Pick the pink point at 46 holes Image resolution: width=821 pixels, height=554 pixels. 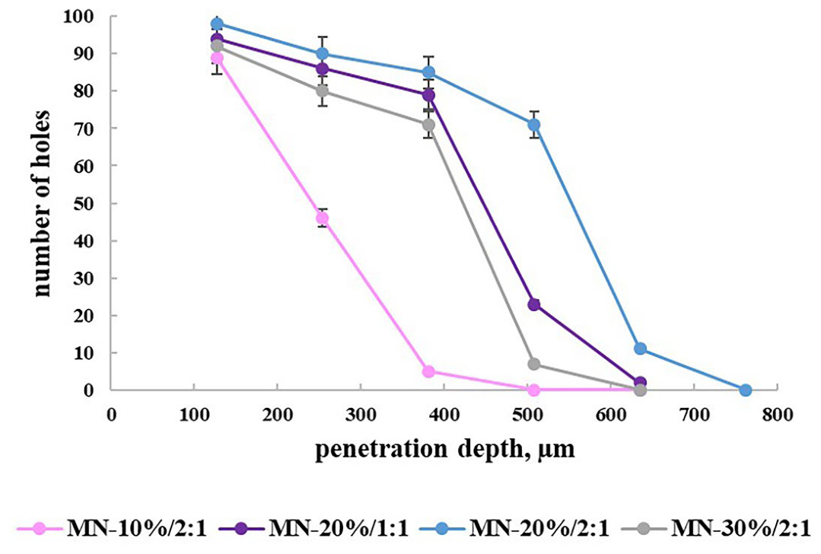323,218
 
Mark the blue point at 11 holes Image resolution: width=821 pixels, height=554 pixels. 640,349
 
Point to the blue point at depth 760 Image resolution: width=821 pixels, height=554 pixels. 746,390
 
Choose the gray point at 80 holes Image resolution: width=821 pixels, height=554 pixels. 323,91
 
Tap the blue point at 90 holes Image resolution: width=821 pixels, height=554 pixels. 323,54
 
